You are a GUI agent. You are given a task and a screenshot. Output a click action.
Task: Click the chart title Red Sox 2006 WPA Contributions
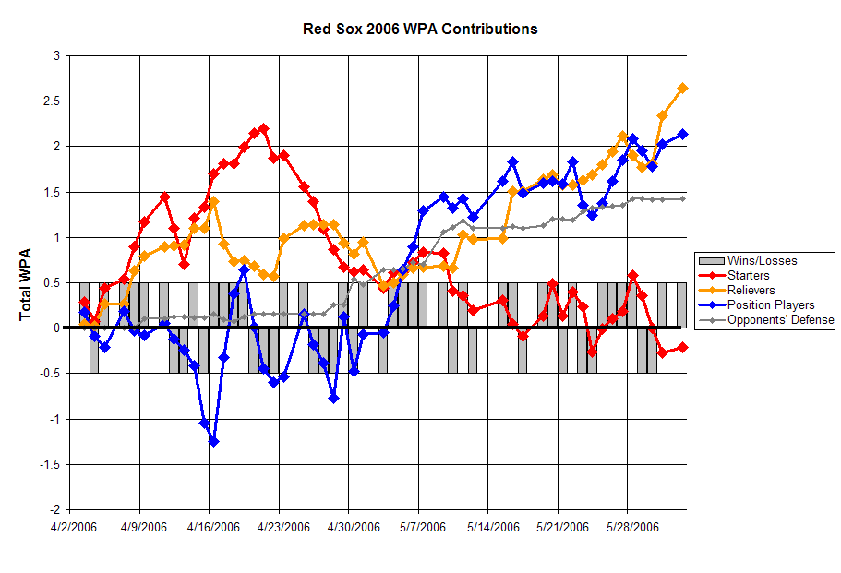point(420,29)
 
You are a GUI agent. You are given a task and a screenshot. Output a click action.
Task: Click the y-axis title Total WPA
point(25,284)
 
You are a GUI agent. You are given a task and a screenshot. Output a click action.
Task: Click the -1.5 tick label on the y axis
point(50,465)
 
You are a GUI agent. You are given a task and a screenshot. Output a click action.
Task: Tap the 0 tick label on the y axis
point(57,328)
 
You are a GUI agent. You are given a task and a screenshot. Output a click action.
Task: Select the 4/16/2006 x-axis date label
point(213,528)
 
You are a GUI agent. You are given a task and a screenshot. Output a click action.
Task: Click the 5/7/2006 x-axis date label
point(423,528)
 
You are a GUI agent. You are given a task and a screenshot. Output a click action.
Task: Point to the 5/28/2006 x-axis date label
point(632,528)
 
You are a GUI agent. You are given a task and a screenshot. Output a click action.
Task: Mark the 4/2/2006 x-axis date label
point(74,528)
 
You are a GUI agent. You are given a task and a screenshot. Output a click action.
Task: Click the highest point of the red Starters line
point(263,128)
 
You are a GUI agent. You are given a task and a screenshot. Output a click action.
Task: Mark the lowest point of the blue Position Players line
point(213,442)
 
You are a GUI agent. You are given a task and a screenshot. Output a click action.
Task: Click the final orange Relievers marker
point(683,88)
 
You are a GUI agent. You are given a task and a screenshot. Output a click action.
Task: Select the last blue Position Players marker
point(683,134)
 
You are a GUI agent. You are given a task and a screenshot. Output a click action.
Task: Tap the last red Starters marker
point(683,347)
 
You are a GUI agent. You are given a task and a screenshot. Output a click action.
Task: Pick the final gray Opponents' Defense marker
point(683,199)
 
